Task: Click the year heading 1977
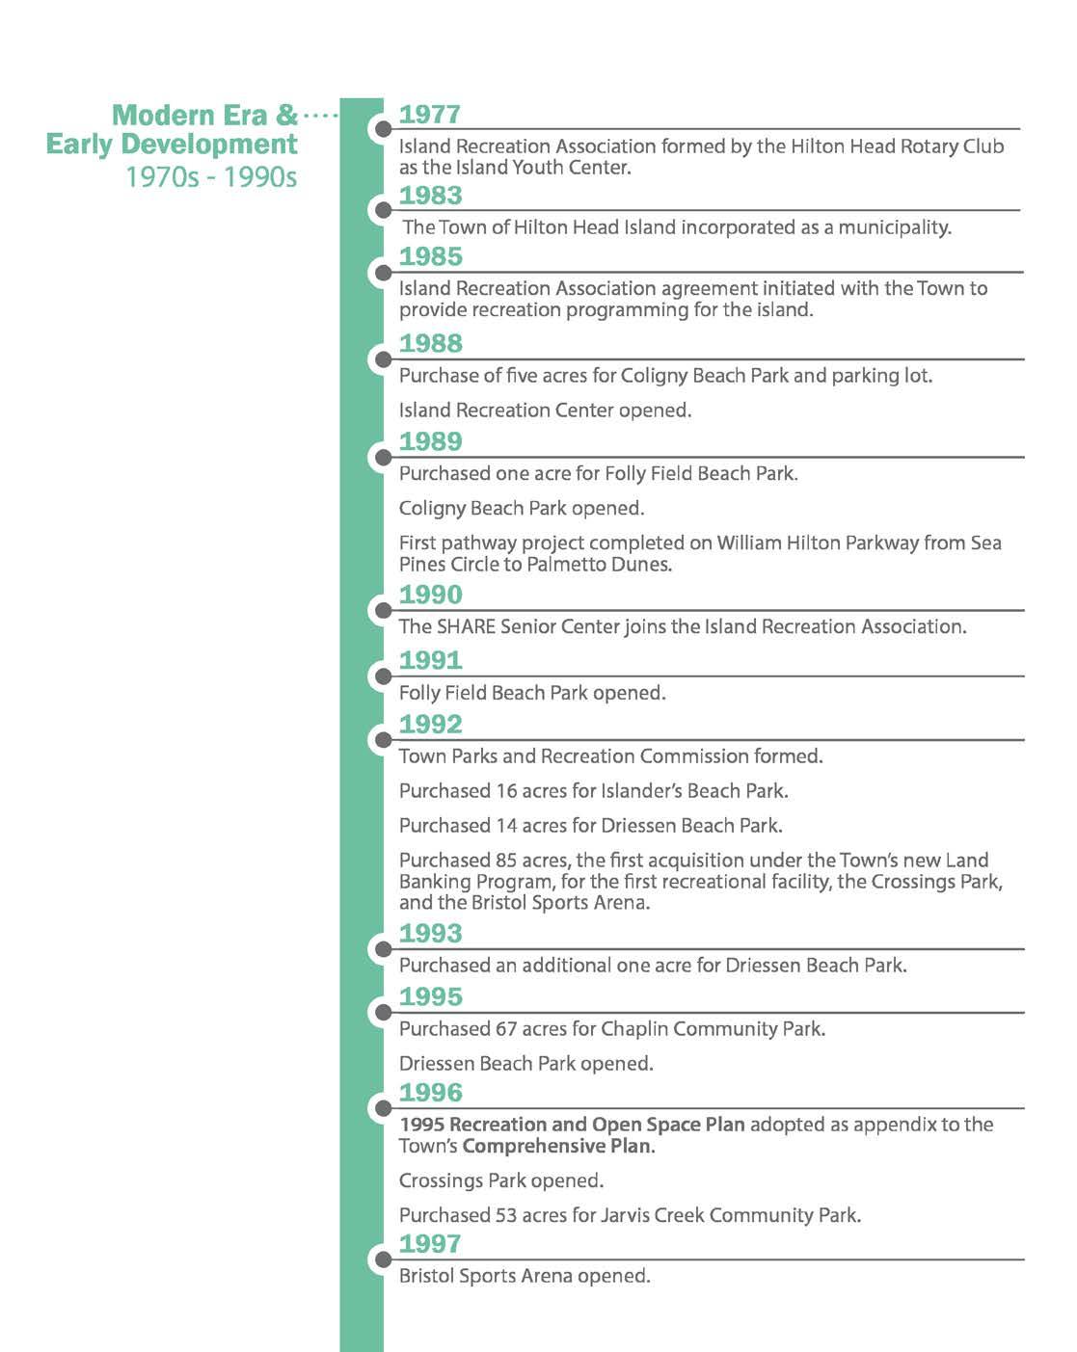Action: pyautogui.click(x=429, y=115)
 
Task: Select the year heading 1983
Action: pyautogui.click(x=430, y=196)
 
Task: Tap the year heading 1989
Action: pyautogui.click(x=430, y=441)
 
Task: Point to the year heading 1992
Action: pyautogui.click(x=430, y=724)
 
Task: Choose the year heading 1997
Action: pyautogui.click(x=430, y=1243)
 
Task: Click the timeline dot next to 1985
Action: pyautogui.click(x=383, y=273)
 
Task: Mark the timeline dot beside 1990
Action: pyautogui.click(x=383, y=610)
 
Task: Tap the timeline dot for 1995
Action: pyautogui.click(x=383, y=1012)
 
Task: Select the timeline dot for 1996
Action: pyautogui.click(x=383, y=1108)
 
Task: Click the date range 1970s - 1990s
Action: pyautogui.click(x=211, y=177)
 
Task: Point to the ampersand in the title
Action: pyautogui.click(x=286, y=116)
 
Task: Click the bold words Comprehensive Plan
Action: pyautogui.click(x=557, y=1146)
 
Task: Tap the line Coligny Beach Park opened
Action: pyautogui.click(x=522, y=508)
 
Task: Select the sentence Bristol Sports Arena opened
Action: pyautogui.click(x=525, y=1276)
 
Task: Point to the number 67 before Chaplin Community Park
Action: pyautogui.click(x=506, y=1029)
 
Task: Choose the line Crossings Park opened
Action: pyautogui.click(x=501, y=1180)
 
